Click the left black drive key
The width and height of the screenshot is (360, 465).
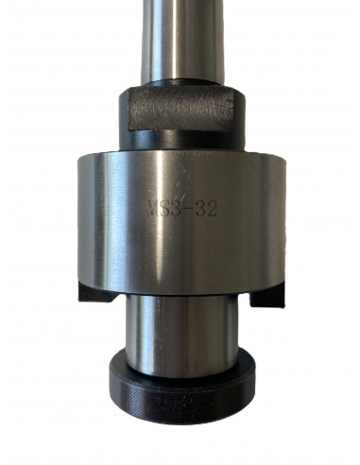point(96,293)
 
